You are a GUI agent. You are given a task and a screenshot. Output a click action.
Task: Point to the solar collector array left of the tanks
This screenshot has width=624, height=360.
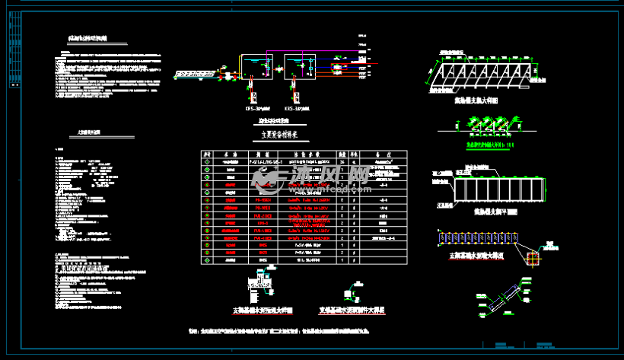(x=193, y=74)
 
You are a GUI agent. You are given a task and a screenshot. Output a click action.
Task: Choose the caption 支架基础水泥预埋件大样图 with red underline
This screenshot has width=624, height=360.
(x=352, y=311)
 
